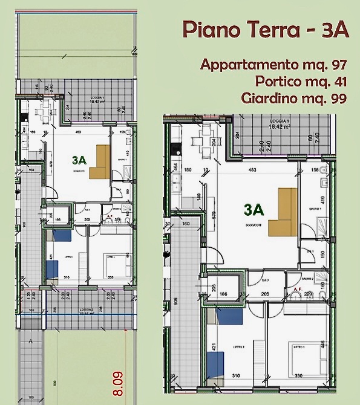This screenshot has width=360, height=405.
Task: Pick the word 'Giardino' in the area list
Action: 267,98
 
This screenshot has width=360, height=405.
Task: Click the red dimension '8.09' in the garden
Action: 118,383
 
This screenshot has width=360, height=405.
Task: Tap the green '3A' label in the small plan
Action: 79,160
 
